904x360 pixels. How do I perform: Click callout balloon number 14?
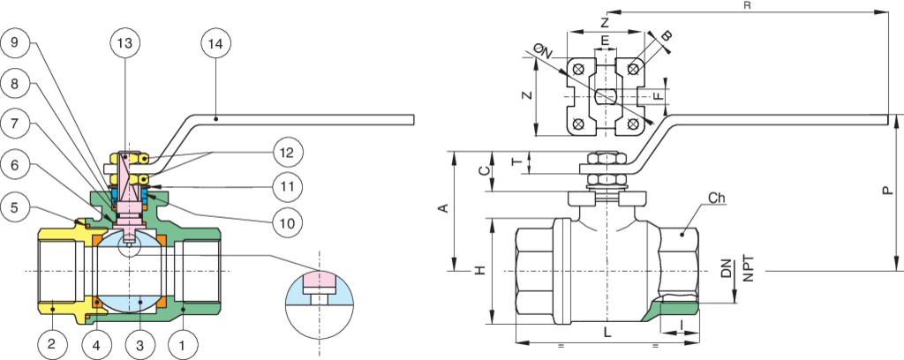coord(216,42)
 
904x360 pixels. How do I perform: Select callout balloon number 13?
coord(127,42)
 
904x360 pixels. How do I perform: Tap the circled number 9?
coord(18,42)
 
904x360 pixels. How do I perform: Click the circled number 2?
coord(51,342)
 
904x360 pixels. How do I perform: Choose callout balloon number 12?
coord(289,152)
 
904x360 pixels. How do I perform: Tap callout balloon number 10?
coord(289,223)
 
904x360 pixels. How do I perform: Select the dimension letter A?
coord(444,208)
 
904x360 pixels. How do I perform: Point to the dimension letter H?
coord(479,270)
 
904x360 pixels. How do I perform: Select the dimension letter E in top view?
coord(605,41)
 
